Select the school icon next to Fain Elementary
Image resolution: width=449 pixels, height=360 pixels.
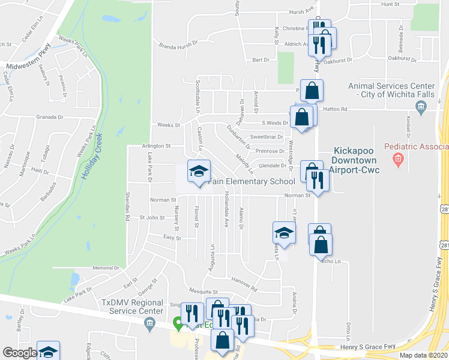click(x=199, y=170)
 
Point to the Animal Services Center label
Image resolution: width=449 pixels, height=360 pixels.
click(x=391, y=90)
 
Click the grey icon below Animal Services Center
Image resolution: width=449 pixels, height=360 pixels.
click(x=420, y=107)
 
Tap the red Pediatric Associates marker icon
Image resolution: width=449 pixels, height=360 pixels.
click(x=397, y=160)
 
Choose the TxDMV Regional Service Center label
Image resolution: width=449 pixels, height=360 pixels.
click(x=132, y=307)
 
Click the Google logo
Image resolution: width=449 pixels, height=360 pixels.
click(x=19, y=353)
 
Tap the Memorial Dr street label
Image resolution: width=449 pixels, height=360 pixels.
click(x=106, y=268)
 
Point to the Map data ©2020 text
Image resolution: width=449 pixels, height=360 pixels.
click(x=424, y=355)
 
